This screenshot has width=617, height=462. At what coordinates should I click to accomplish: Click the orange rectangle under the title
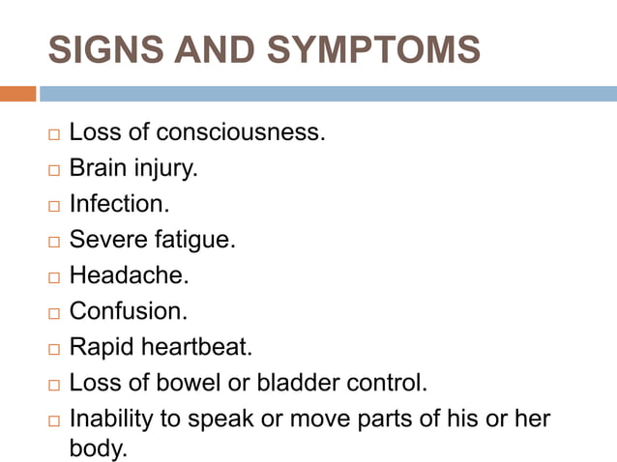[x=17, y=94]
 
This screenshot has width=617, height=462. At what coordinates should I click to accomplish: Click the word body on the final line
[x=97, y=449]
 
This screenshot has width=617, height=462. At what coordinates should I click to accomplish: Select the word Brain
[x=100, y=168]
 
